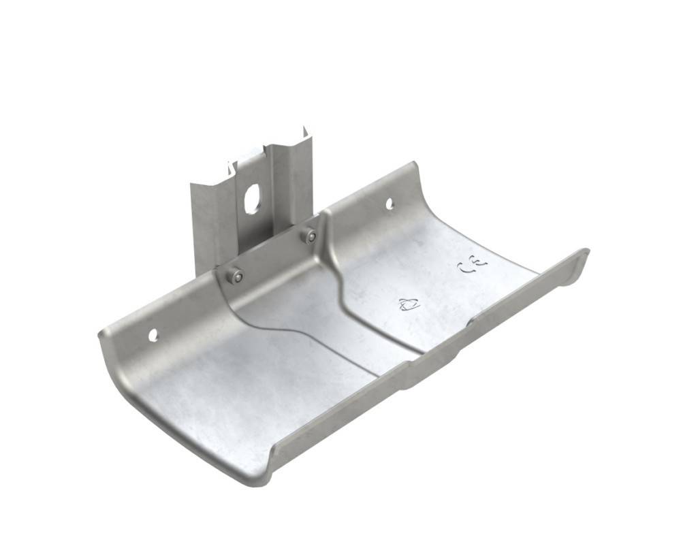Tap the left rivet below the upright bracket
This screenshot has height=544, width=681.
point(237,276)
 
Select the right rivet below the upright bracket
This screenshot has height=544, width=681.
point(311,236)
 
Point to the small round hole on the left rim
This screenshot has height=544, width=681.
point(153,334)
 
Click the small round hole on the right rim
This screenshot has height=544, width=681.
point(390,203)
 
